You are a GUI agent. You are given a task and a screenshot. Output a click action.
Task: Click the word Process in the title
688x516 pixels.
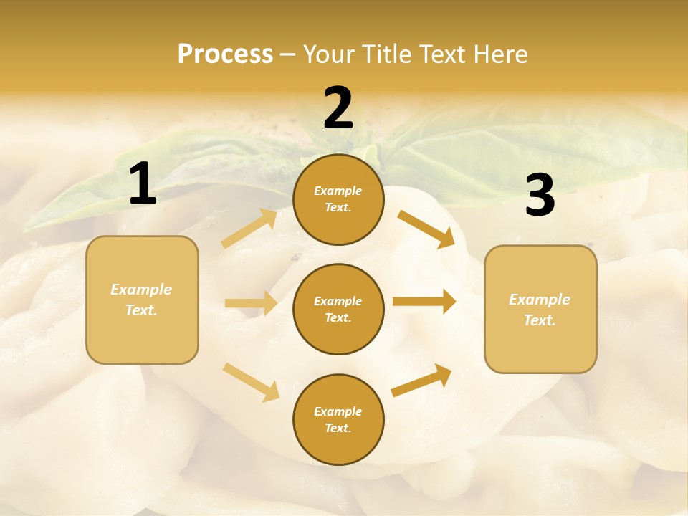pyautogui.click(x=225, y=54)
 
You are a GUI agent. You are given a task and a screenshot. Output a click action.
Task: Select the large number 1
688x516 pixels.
pyautogui.click(x=143, y=184)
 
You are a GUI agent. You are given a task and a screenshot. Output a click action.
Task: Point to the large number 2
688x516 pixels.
pyautogui.click(x=338, y=108)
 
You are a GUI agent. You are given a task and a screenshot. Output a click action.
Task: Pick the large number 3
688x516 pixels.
pyautogui.click(x=540, y=196)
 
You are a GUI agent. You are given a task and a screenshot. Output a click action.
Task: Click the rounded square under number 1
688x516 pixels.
pyautogui.click(x=142, y=300)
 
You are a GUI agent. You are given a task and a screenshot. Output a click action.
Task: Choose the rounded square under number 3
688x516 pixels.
pyautogui.click(x=540, y=309)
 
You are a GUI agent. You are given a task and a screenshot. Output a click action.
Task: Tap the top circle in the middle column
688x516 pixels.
pyautogui.click(x=338, y=199)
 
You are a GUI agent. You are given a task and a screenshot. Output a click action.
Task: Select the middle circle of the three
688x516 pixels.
pyautogui.click(x=338, y=309)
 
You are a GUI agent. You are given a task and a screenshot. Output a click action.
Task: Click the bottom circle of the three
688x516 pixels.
pyautogui.click(x=338, y=419)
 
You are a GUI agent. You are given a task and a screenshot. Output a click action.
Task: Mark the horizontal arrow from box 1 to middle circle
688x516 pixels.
pyautogui.click(x=251, y=303)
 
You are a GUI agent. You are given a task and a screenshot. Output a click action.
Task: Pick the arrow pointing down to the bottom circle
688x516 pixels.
pyautogui.click(x=252, y=381)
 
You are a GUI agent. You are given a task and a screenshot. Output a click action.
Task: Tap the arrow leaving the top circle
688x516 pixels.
pyautogui.click(x=426, y=229)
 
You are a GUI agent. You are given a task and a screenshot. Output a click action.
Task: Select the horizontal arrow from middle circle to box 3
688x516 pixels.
pyautogui.click(x=424, y=302)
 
